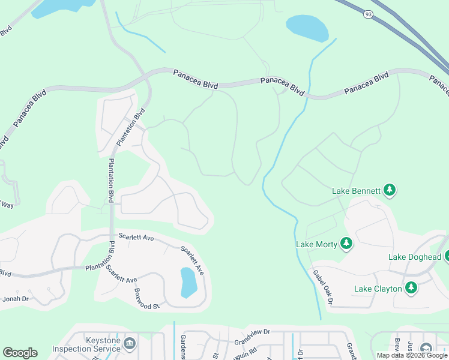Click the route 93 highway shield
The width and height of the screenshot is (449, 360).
pos(366,12)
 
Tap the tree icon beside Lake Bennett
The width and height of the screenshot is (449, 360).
pos(390,191)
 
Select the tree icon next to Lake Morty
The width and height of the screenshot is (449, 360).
pos(346,244)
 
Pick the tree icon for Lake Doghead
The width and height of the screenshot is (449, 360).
pos(446,257)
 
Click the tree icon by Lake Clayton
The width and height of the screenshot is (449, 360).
pos(411,289)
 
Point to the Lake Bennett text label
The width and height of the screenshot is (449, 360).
pos(357,191)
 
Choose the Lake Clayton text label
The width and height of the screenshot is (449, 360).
pos(378,289)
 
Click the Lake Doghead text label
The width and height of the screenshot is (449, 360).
pos(415,257)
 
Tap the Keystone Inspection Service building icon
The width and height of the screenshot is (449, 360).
pos(129,344)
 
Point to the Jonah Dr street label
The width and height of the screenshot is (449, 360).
pos(16,298)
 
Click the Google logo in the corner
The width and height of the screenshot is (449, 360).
pos(20,353)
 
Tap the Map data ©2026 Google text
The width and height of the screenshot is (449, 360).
pos(411,355)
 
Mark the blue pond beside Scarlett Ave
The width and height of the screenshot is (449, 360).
pos(188,282)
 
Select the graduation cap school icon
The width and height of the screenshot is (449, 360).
pos(426,349)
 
